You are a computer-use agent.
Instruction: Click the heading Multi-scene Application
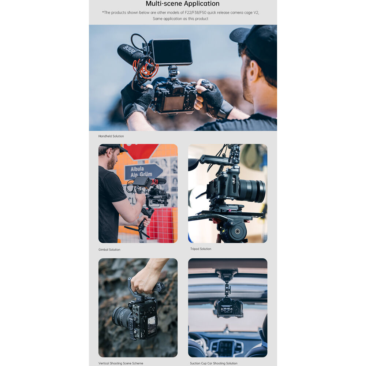click(183, 4)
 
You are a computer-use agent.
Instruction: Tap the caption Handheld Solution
click(111, 136)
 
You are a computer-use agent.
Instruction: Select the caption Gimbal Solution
click(109, 250)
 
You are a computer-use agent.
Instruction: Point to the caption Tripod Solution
click(201, 249)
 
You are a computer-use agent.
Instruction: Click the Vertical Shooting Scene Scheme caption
click(121, 363)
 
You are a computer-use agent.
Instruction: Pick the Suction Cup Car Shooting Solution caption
click(214, 363)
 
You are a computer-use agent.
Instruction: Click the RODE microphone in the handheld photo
click(132, 55)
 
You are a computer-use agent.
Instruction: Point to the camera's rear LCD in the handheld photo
click(173, 103)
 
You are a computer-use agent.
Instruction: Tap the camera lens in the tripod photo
click(252, 191)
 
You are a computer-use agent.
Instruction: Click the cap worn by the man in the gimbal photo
click(114, 147)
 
